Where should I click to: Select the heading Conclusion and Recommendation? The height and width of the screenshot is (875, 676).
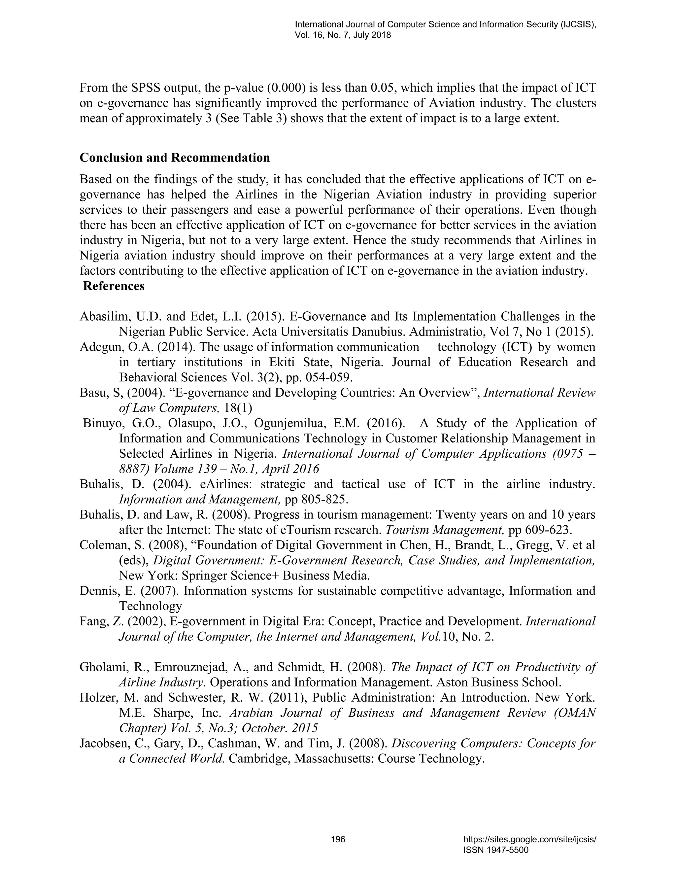[175, 157]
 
